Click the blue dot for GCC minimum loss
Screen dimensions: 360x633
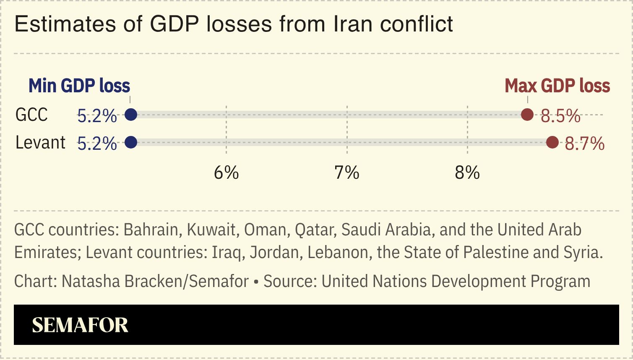tap(131, 115)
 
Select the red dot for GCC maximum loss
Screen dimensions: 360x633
tap(527, 115)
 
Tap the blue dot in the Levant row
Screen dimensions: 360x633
tap(131, 143)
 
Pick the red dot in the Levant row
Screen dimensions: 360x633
tap(552, 143)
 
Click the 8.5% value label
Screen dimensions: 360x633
tap(560, 116)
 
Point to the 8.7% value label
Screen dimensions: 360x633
tap(584, 144)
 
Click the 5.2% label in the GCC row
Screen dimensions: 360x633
tap(97, 116)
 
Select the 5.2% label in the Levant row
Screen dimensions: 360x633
tap(97, 144)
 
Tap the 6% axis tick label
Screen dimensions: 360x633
tap(226, 172)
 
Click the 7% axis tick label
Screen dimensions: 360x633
tap(346, 172)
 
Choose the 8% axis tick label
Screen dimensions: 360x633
tap(467, 172)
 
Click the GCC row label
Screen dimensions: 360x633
tap(31, 115)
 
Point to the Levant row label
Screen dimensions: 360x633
tap(40, 143)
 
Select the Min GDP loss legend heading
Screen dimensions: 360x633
tap(79, 86)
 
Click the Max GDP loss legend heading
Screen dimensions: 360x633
tap(557, 86)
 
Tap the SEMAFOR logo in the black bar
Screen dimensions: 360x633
tap(80, 325)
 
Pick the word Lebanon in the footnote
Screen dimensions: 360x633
tap(340, 253)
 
